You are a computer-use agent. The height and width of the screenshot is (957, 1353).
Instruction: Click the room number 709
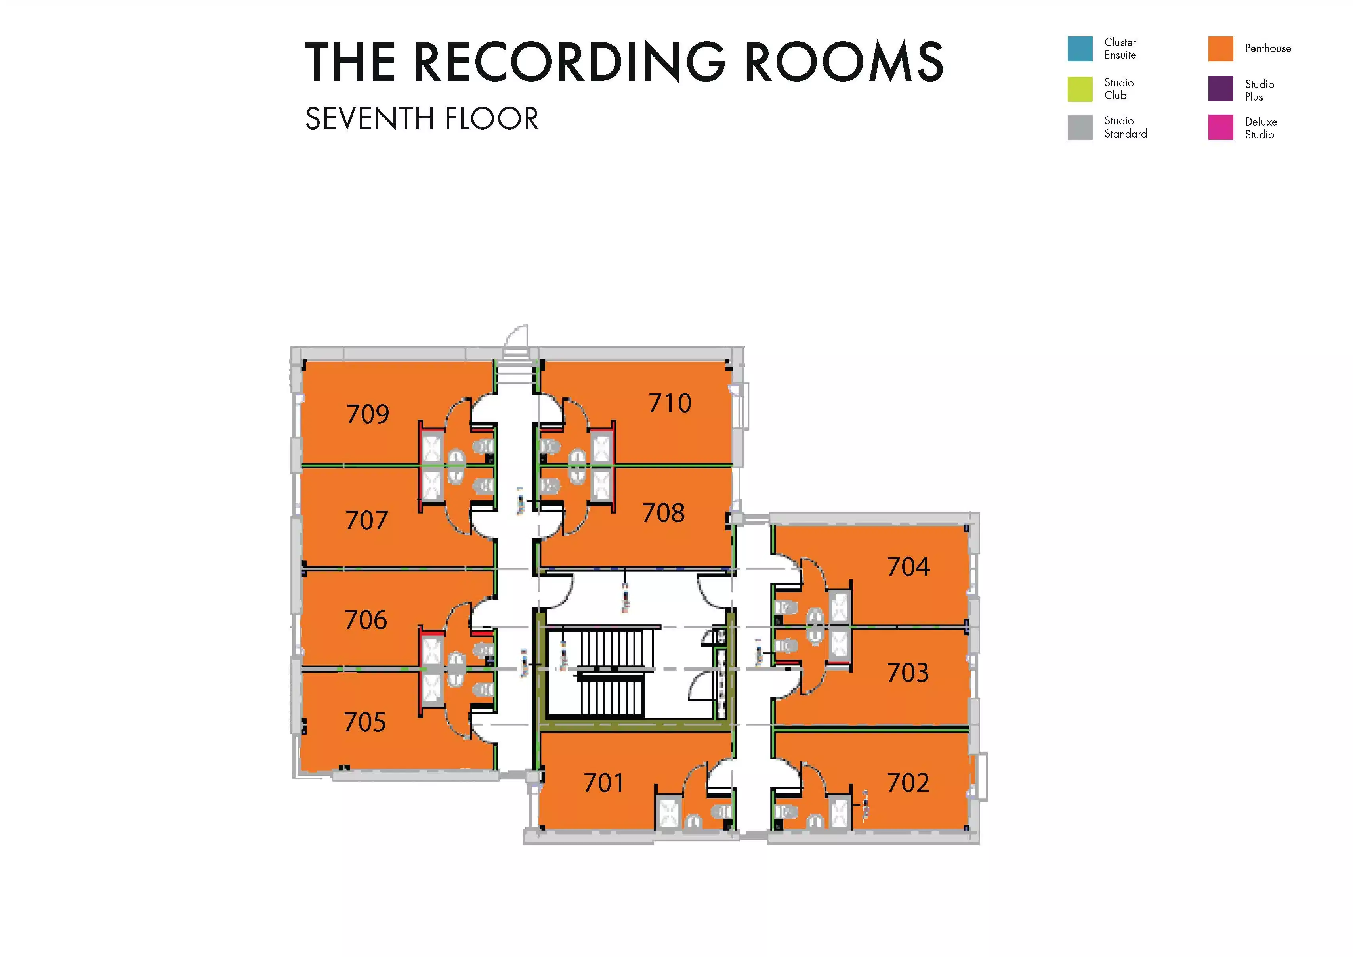(368, 414)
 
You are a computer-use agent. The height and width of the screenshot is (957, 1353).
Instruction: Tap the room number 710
(670, 403)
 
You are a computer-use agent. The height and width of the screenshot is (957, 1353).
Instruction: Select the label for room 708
(664, 513)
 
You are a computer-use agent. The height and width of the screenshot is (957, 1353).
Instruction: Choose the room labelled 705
(365, 722)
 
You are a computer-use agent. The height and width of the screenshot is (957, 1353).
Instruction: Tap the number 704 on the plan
(908, 567)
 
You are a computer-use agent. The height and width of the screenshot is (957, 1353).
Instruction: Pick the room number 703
(908, 673)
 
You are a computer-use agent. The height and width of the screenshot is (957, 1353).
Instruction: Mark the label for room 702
(908, 783)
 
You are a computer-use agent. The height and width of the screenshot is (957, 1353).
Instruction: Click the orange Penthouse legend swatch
(1220, 49)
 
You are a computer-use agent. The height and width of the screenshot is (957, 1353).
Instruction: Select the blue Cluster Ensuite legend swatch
(1080, 49)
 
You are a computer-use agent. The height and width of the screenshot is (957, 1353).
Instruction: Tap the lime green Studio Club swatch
(1080, 89)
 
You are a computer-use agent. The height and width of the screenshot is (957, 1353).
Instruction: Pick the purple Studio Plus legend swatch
(1220, 89)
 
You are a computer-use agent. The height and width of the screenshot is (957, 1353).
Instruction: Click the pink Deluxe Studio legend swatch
(1220, 127)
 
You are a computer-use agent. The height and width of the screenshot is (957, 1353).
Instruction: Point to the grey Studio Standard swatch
(1080, 127)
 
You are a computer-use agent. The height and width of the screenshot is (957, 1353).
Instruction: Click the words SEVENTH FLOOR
(422, 119)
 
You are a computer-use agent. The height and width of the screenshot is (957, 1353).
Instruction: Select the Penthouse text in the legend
(1267, 49)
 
